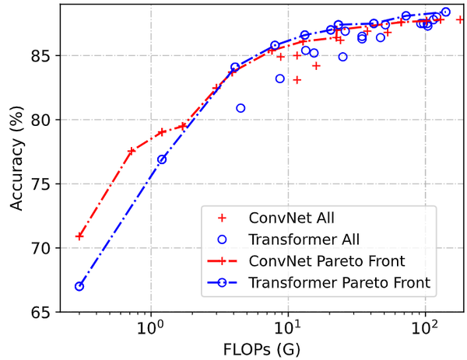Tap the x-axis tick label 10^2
pyautogui.click(x=425, y=327)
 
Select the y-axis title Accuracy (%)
pyautogui.click(x=16, y=159)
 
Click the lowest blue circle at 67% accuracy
pyautogui.click(x=79, y=286)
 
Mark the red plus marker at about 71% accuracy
pyautogui.click(x=79, y=236)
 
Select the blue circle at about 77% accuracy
pyautogui.click(x=162, y=159)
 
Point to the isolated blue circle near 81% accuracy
pyautogui.click(x=241, y=108)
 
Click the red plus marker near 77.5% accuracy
pyautogui.click(x=132, y=151)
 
